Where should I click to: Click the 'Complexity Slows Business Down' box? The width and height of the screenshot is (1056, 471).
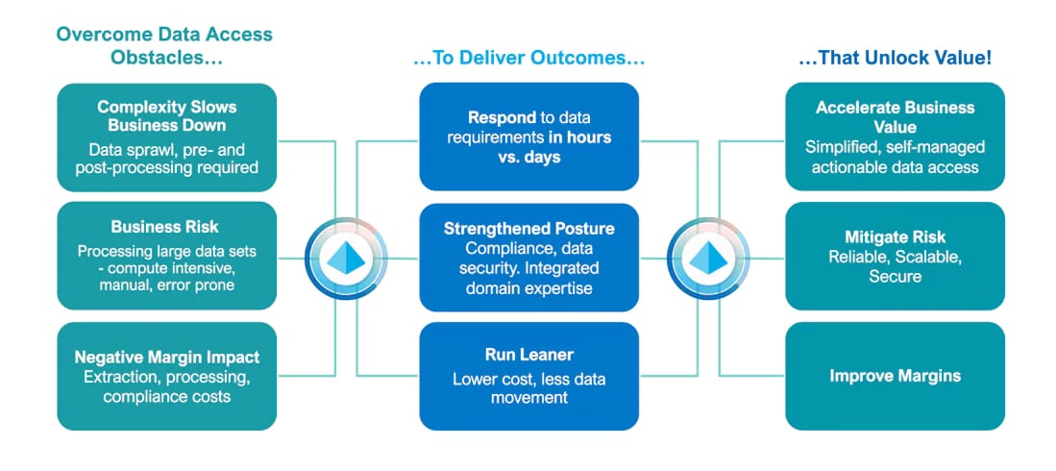point(167,136)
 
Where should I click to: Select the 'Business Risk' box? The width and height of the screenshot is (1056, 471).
point(167,256)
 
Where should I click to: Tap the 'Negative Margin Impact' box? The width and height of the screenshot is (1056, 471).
point(167,376)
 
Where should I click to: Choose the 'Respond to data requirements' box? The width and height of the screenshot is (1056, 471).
point(528,136)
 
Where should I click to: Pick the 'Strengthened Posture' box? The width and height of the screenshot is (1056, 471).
point(528,256)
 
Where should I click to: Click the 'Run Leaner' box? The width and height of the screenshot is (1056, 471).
point(528,376)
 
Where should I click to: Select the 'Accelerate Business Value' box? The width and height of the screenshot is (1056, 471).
point(895,136)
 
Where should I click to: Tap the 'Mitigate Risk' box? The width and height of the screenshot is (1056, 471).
point(895,256)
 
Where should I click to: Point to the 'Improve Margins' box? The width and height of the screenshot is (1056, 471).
point(895,376)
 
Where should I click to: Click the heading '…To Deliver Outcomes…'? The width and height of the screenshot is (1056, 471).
point(528,59)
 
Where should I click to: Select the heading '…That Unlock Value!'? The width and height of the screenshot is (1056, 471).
point(895,59)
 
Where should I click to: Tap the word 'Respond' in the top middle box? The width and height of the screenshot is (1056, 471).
point(501,117)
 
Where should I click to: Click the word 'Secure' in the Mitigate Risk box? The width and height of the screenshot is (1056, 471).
point(895,277)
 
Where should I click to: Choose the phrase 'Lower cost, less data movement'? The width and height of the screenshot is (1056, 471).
point(528,387)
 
